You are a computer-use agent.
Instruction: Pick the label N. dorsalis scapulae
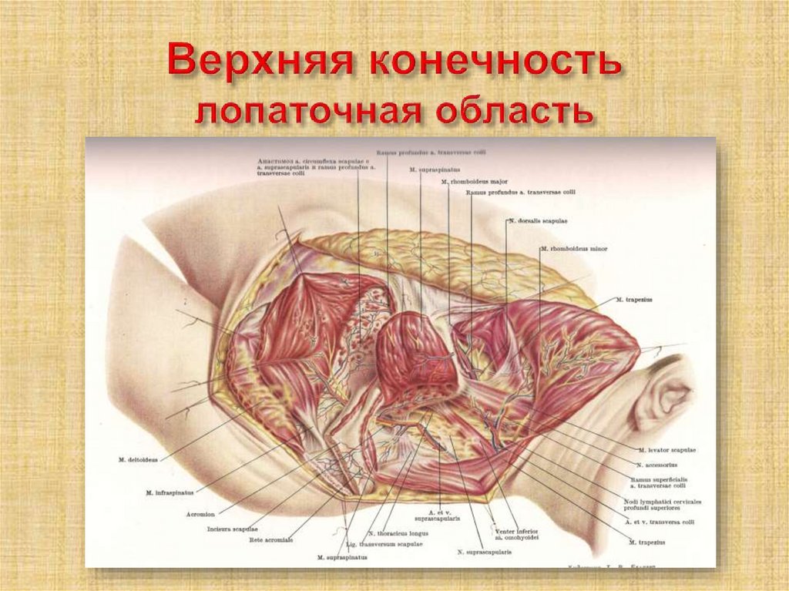point(537,221)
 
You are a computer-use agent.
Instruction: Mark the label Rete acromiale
point(271,539)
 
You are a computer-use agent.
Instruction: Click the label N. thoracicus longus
point(392,533)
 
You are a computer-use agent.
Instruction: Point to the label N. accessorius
point(656,465)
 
